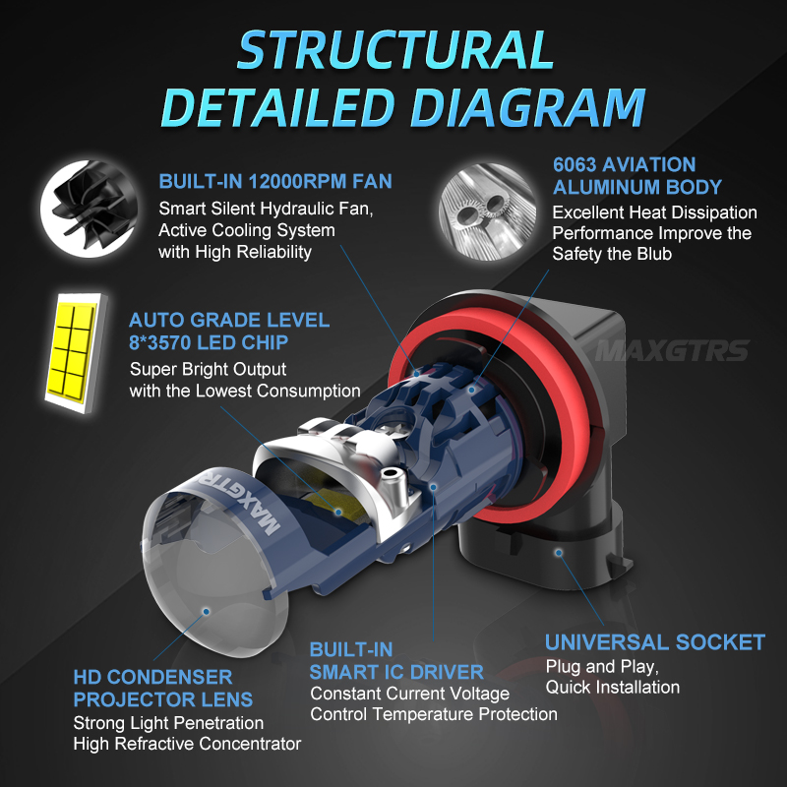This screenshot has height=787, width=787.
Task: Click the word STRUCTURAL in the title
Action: [395, 49]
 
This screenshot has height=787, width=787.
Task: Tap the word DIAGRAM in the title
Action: [528, 107]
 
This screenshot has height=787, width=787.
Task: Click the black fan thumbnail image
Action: [90, 209]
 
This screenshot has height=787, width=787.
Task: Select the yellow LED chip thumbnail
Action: [76, 352]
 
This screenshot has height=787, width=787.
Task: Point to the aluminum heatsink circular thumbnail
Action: [487, 212]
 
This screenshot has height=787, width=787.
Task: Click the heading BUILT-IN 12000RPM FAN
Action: [275, 181]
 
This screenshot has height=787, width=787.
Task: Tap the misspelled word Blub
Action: [654, 254]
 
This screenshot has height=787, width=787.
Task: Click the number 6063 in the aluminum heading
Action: [575, 164]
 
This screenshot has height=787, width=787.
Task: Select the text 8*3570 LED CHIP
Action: [209, 342]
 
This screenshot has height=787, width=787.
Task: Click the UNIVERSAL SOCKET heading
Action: [655, 642]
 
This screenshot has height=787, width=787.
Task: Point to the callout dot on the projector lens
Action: [206, 611]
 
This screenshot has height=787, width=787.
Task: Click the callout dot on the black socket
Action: [558, 553]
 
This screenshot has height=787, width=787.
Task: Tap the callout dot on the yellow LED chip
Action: [338, 512]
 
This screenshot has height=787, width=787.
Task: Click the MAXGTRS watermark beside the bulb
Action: [672, 350]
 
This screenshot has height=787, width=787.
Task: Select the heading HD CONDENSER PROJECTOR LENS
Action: [163, 688]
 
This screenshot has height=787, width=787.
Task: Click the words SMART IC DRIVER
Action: [396, 672]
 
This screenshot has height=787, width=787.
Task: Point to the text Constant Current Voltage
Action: [409, 694]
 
